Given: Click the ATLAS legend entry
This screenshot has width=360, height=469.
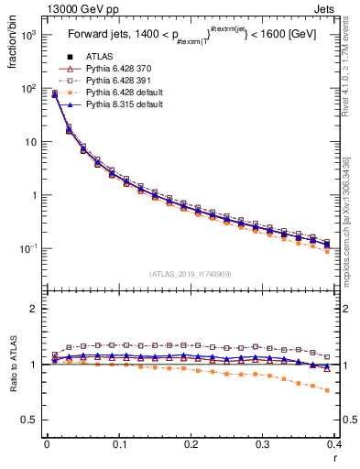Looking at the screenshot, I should [100, 56].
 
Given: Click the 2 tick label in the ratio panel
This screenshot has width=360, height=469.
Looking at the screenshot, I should [35, 309].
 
